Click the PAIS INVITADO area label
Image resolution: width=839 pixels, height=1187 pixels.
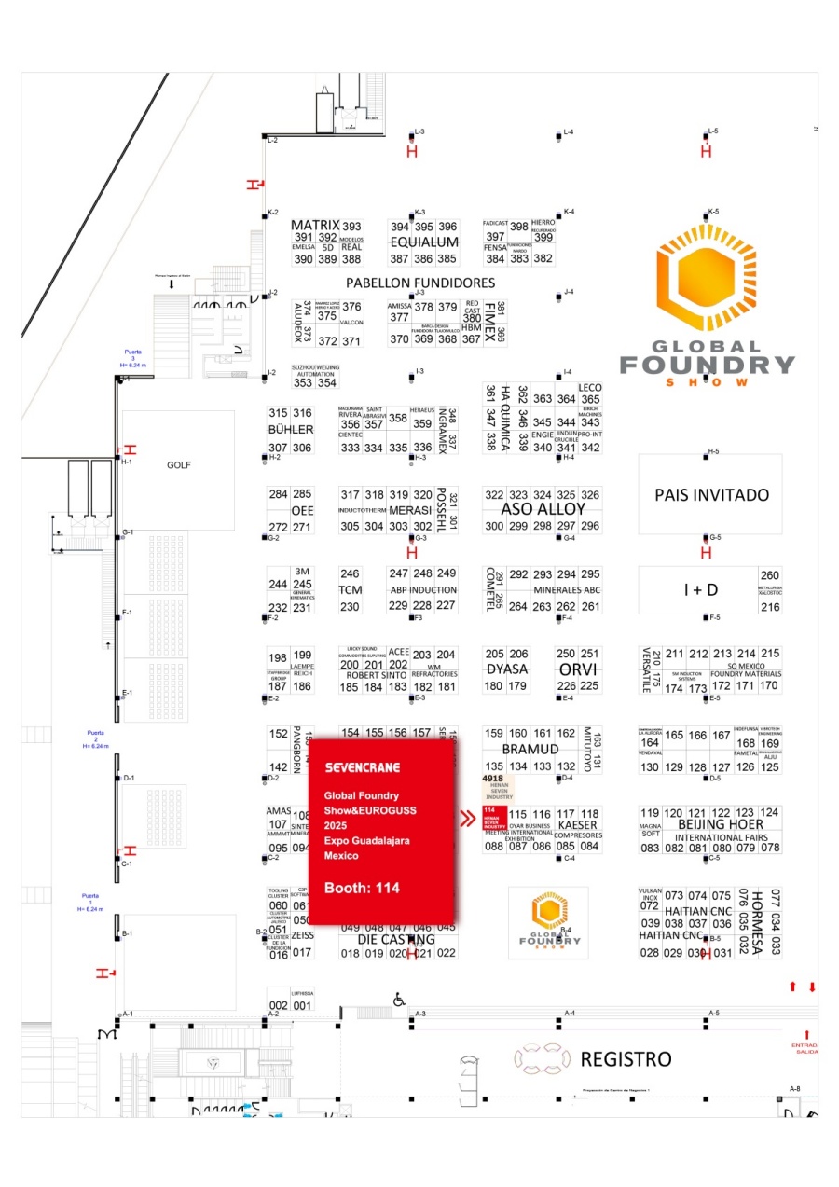pos(712,495)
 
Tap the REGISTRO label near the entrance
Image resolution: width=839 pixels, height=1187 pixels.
pos(626,1059)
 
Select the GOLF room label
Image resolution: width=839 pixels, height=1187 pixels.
pos(178,464)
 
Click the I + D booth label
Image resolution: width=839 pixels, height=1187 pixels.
pos(699,589)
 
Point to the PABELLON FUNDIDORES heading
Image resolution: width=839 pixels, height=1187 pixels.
pos(420,283)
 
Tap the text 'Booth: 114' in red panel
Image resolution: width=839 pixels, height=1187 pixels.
pos(362,888)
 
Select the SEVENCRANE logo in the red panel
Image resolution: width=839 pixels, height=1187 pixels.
pos(363,767)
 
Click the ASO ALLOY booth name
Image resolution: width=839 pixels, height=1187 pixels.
pos(543,510)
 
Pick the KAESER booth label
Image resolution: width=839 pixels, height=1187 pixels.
pos(577,825)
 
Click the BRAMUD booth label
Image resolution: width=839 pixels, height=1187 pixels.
pos(530,750)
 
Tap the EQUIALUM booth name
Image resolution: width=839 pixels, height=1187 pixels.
pos(424,242)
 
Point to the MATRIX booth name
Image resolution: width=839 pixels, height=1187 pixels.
pos(313,226)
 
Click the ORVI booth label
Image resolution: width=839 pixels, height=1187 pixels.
pos(577,669)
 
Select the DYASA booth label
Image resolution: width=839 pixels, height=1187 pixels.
pos(507,669)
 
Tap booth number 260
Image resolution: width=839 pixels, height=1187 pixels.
pos(770,575)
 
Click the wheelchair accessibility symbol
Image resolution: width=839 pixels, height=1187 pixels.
pos(399,1000)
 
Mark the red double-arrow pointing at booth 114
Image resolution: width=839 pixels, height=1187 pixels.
pos(469,820)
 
